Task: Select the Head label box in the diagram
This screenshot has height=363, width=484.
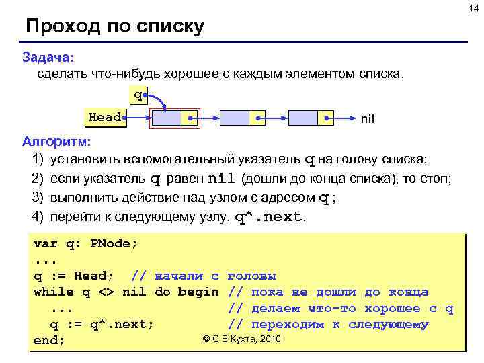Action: click(x=105, y=118)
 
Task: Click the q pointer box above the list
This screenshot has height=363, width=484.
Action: click(x=138, y=95)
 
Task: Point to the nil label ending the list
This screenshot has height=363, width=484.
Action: click(x=368, y=119)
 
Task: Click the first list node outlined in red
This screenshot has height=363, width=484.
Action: click(x=173, y=118)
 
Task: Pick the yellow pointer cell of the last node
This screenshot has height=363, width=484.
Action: click(x=325, y=118)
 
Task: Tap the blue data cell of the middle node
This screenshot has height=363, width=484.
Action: click(x=235, y=118)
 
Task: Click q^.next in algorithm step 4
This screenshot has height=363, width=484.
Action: click(x=269, y=218)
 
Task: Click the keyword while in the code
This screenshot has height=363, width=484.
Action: click(x=54, y=292)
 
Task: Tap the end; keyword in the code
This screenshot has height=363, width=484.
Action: click(x=49, y=340)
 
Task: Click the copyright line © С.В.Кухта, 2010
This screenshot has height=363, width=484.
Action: click(x=241, y=339)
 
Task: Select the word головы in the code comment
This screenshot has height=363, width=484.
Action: click(x=251, y=276)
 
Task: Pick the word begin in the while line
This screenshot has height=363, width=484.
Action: click(x=198, y=292)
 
